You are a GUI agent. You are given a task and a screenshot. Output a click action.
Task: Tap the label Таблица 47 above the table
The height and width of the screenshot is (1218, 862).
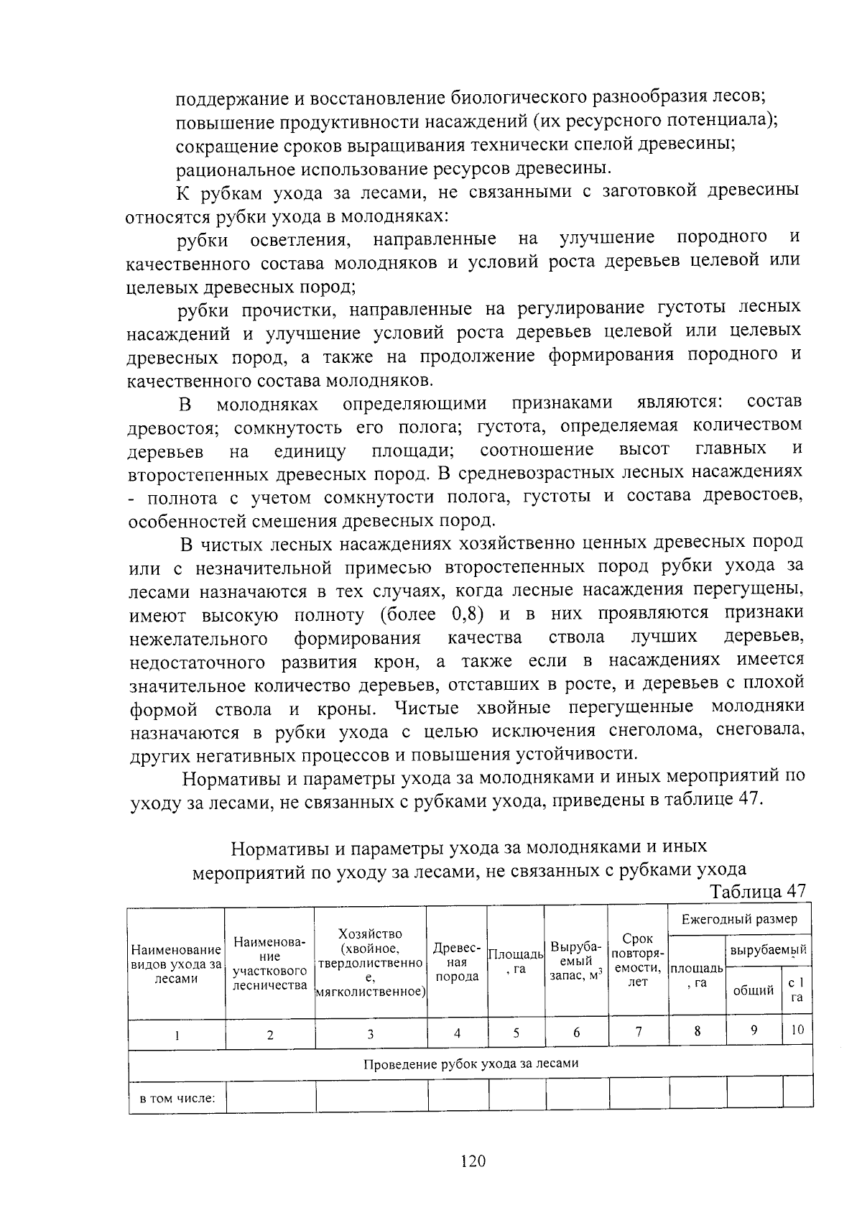(x=758, y=891)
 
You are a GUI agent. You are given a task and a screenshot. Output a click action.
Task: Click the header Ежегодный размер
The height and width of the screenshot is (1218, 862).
(x=739, y=919)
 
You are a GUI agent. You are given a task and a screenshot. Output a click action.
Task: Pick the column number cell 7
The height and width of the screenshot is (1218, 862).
(x=638, y=1033)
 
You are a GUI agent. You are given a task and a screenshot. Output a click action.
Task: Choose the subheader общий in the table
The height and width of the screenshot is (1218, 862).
(x=753, y=991)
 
